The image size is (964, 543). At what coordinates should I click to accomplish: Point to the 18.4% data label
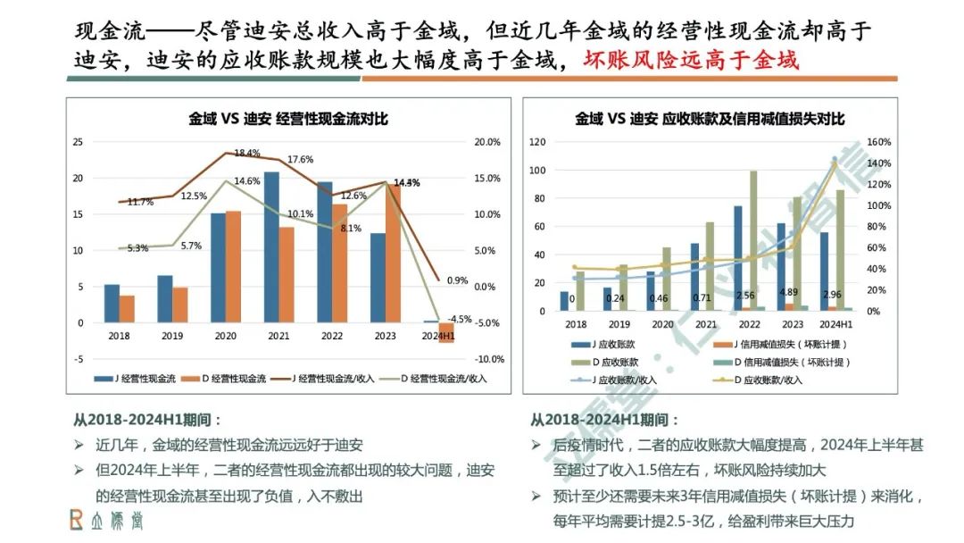pos(247,153)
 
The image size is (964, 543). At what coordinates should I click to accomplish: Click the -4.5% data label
pos(460,319)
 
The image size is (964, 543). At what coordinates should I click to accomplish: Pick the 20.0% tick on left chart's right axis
pos(486,142)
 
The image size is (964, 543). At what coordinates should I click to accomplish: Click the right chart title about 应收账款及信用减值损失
pos(710,119)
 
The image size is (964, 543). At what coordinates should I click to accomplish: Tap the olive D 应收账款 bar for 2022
pos(753,241)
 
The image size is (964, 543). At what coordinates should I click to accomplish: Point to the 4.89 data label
pos(789,292)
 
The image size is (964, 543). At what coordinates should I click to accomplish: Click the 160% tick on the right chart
pos(878,142)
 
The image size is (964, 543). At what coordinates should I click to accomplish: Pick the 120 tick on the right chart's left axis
pos(537,142)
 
